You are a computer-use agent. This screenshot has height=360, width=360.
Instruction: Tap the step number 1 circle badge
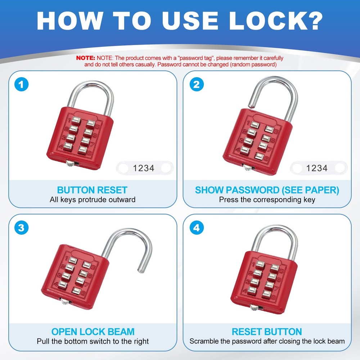[x=21, y=85]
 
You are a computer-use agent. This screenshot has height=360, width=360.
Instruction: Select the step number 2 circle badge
[x=197, y=85]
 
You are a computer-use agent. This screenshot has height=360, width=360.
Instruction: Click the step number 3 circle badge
[x=21, y=228]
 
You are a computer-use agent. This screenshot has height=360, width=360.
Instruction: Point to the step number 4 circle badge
[x=197, y=228]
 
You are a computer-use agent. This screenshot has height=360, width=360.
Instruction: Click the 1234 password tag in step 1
[x=144, y=168]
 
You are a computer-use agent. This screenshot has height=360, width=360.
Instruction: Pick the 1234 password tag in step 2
[x=317, y=168]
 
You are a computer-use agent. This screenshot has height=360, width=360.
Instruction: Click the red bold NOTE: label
[x=86, y=58]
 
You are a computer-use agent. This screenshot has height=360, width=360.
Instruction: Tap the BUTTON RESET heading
[x=92, y=190]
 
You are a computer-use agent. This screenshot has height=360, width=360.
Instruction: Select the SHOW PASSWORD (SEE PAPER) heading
[x=267, y=190]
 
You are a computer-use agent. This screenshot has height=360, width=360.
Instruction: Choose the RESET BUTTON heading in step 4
[x=267, y=332]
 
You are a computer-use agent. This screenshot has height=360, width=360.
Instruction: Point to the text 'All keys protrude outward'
[x=93, y=199]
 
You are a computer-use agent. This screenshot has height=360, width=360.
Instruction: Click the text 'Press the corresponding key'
[x=267, y=199]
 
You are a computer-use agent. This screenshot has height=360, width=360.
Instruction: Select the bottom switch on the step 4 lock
[x=255, y=307]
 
